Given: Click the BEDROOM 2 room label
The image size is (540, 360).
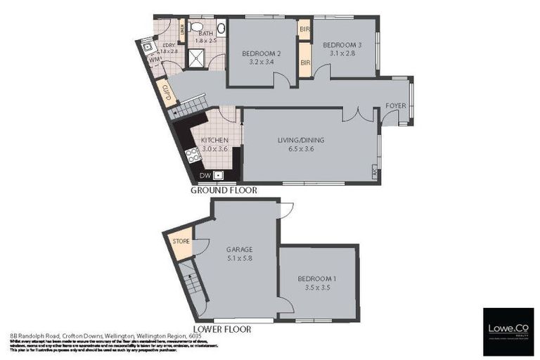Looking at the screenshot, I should pos(262,53).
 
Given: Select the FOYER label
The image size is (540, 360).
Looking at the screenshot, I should pos(396,105).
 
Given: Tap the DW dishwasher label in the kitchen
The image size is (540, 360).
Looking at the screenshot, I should pos(205,176).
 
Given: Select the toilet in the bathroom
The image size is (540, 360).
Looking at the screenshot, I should pos(221,27).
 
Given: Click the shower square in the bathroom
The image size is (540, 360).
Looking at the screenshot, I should pos(197,58).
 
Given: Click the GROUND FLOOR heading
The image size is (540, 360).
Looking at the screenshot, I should pos(224,190).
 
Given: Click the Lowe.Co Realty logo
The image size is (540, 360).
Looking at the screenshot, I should pos(508,331).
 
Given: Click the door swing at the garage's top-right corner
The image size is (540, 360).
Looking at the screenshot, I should pos(285,209).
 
